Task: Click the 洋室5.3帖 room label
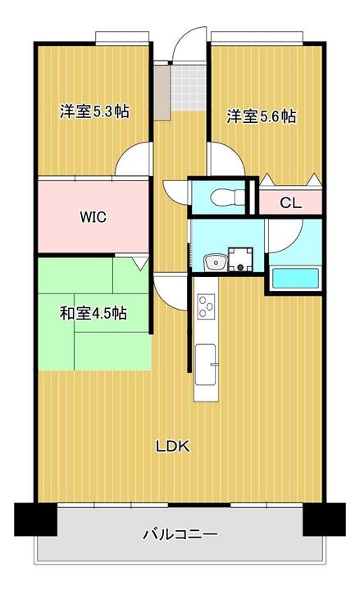click(93, 112)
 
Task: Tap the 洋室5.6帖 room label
click(262, 116)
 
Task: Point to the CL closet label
click(290, 202)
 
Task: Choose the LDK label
click(173, 446)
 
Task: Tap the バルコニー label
click(180, 534)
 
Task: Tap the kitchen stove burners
click(206, 308)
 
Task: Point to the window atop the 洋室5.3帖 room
click(121, 36)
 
